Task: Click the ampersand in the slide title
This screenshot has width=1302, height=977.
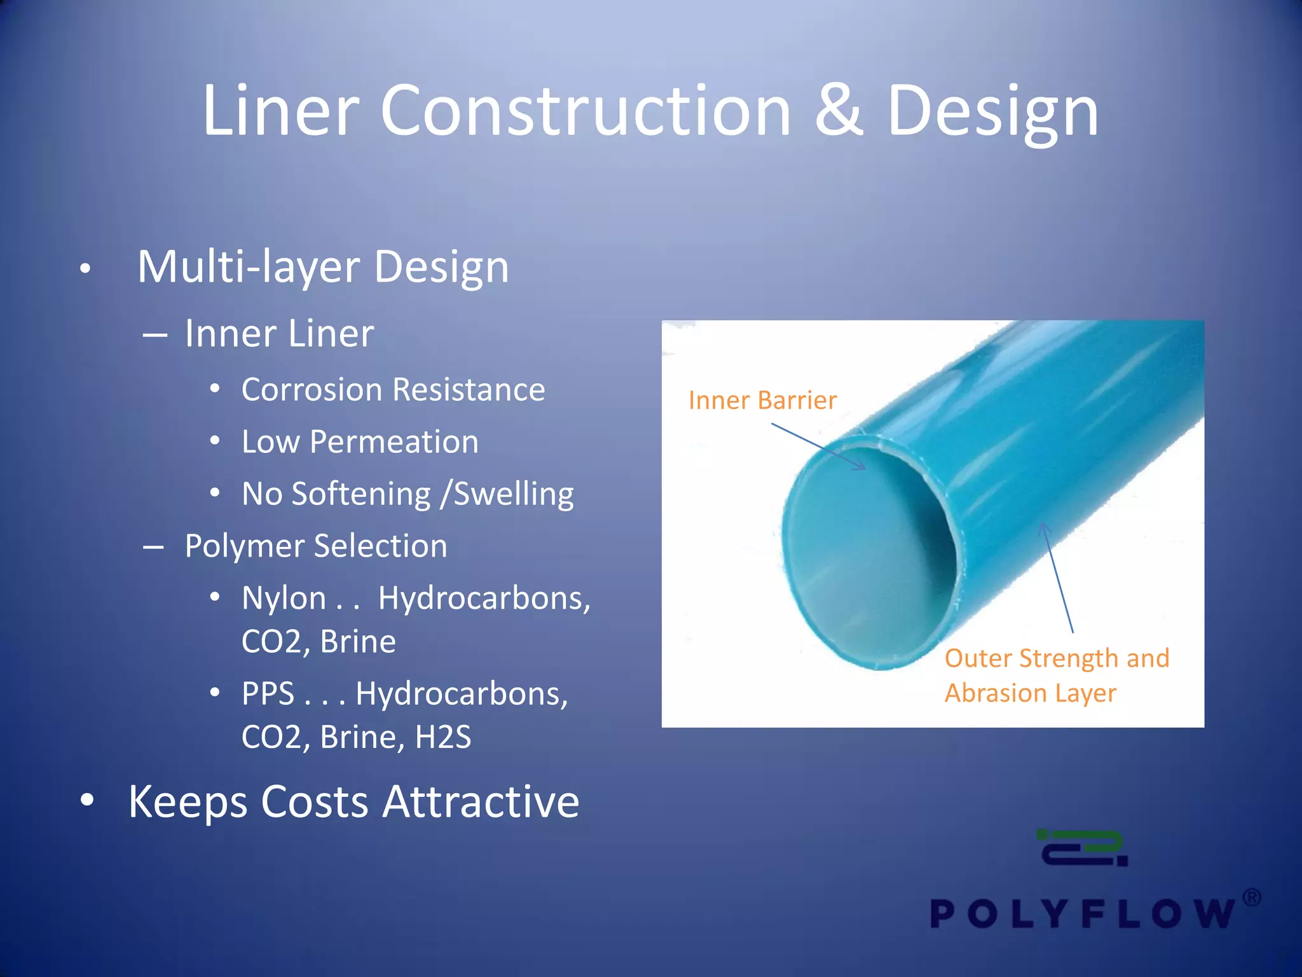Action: pos(839,112)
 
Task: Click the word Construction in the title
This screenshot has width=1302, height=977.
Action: pos(586,112)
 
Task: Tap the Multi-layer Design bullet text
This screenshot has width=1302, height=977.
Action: pos(323,267)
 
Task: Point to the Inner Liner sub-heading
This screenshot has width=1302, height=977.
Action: pos(279,334)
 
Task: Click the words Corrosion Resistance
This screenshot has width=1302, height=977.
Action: pos(393,390)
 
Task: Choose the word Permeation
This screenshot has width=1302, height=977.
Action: pos(394,442)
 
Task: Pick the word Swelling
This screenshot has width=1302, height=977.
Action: pos(514,494)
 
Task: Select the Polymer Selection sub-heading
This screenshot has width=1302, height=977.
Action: pos(316,546)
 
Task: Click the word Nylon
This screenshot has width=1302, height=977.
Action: pos(284,599)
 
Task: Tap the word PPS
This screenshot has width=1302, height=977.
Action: pos(268,694)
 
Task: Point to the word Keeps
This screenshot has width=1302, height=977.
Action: pos(188,801)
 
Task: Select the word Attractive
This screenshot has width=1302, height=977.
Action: pos(481,801)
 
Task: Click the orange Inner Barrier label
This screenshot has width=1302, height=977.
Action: pos(762,401)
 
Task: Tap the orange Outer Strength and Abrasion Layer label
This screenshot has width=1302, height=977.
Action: pos(1057,676)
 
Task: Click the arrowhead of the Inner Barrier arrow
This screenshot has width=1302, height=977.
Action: pos(861,468)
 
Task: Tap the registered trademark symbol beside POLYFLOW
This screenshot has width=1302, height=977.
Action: pos(1251,898)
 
